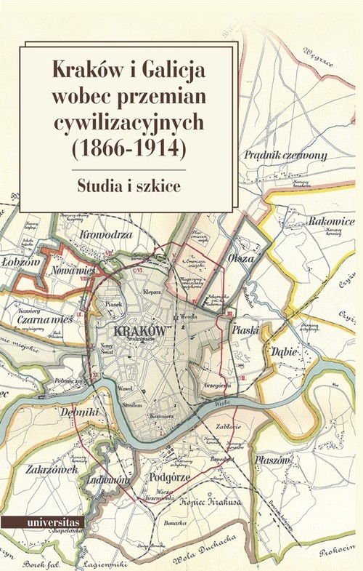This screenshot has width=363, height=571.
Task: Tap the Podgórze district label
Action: pos(169,477)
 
